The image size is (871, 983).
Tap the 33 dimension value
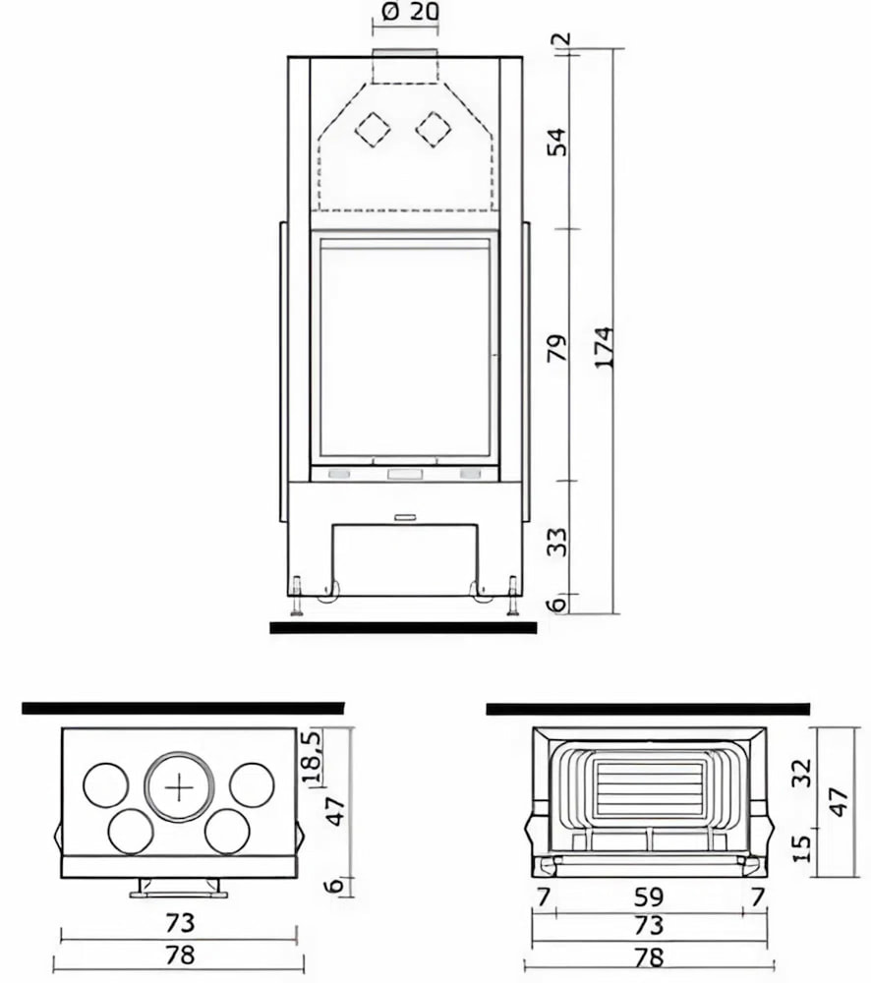point(557,542)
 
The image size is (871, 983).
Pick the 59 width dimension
point(649,896)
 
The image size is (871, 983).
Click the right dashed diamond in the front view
point(433,129)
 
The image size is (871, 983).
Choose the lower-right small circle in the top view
point(227,832)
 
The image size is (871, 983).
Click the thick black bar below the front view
point(403,627)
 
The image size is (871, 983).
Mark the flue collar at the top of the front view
point(404,52)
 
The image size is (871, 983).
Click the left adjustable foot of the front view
point(296,597)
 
